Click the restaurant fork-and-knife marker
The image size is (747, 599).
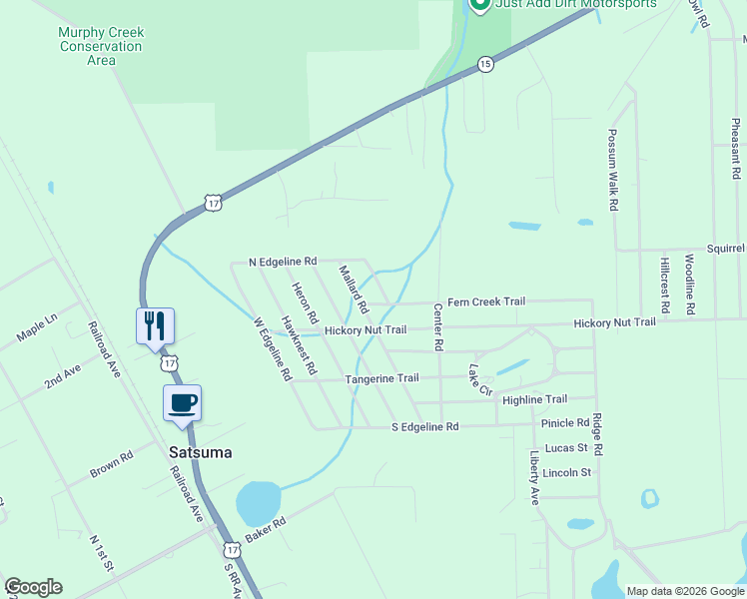click(x=155, y=325)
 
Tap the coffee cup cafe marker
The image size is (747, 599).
click(x=182, y=403)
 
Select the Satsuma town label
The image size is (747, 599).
click(x=200, y=452)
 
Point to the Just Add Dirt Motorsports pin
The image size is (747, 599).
click(x=478, y=4)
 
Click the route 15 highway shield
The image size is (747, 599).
click(x=484, y=64)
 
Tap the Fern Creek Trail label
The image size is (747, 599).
click(x=485, y=301)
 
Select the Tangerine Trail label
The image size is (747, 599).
click(x=381, y=378)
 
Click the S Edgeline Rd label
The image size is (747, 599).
click(x=423, y=426)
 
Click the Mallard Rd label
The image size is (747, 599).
click(x=354, y=288)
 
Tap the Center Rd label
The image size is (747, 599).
click(x=437, y=327)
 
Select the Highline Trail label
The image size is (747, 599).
click(x=534, y=399)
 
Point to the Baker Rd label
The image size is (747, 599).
click(x=266, y=529)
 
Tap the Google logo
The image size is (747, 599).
click(x=33, y=587)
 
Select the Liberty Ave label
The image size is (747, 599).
click(x=534, y=477)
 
